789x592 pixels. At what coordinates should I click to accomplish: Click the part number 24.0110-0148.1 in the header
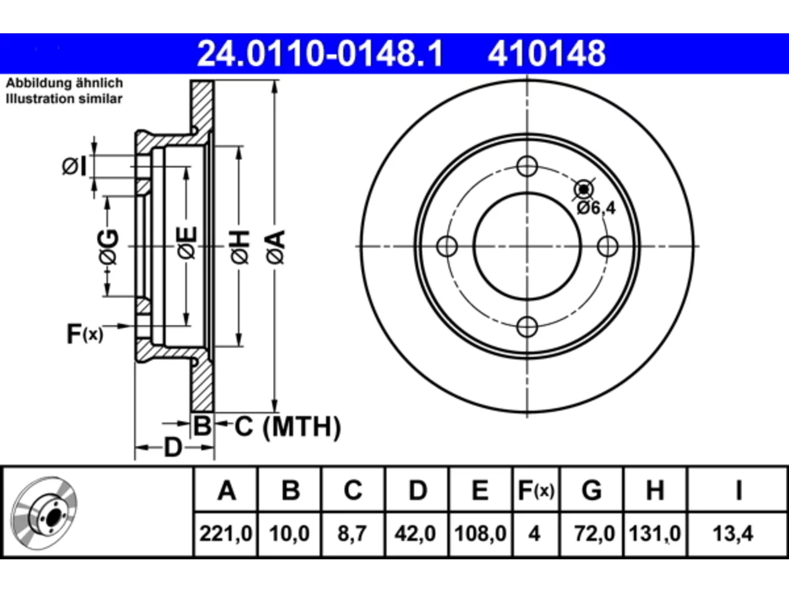coord(321,54)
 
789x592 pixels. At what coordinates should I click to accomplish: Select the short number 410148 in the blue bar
coord(547,54)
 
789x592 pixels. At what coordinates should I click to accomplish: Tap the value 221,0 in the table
coord(226,533)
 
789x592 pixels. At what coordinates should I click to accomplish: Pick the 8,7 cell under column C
coord(352,533)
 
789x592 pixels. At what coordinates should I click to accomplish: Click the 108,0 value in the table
coord(480,533)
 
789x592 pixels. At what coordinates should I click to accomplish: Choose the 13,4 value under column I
coord(733,533)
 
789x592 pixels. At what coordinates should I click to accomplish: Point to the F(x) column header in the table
coord(536,490)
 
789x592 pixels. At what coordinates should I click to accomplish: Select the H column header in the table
coord(655,490)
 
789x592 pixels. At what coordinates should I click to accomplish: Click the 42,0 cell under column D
coord(415,533)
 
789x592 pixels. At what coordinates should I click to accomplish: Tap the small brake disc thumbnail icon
coord(44,513)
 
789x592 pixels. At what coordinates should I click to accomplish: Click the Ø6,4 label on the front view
coord(596,208)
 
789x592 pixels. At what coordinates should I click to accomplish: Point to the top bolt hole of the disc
coord(527,166)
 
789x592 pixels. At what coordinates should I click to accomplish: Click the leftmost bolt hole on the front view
coord(447,246)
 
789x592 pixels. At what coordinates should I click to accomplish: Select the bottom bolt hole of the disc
coord(527,326)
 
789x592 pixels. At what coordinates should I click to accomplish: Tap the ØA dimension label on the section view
coord(276,247)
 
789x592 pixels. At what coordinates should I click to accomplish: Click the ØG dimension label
coord(108,247)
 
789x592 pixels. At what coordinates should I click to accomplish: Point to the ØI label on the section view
coord(75,166)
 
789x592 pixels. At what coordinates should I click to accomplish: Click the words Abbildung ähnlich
coord(65,83)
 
